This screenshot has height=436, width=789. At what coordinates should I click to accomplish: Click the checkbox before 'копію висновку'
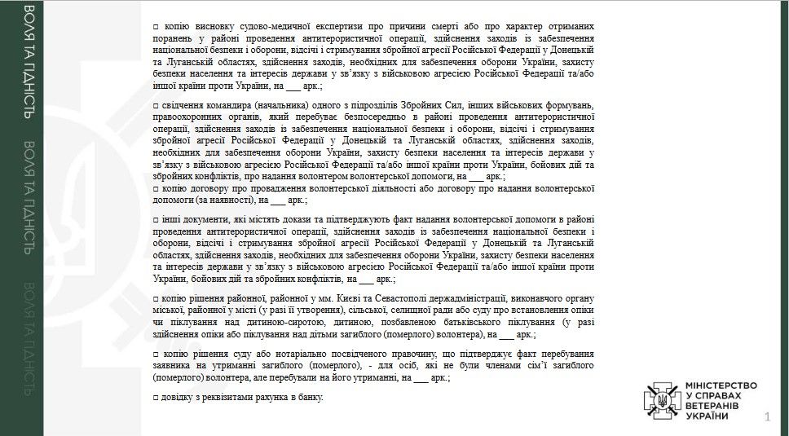click(156, 27)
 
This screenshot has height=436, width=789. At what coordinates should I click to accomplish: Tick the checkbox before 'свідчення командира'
click(156, 107)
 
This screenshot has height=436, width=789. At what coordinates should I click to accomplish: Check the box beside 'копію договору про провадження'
click(156, 187)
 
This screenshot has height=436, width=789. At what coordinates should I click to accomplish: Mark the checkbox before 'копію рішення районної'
click(156, 300)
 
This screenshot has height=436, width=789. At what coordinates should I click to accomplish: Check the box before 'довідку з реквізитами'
click(156, 397)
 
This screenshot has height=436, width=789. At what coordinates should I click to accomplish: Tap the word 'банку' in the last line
click(311, 397)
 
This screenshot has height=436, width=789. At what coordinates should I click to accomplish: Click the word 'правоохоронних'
click(188, 118)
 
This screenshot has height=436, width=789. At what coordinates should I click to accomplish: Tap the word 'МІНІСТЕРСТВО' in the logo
click(721, 385)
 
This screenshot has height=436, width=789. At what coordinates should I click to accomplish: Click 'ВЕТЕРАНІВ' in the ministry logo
click(713, 405)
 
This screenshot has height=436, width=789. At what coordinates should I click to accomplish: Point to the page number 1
click(767, 418)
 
